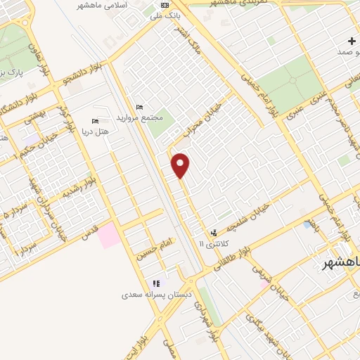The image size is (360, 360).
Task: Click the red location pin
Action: tap(181, 165)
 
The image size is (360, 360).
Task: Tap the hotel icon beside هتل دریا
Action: tap(95, 121)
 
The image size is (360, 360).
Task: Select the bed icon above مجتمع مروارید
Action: tap(139, 107)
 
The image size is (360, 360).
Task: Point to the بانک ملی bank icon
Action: tap(165, 6)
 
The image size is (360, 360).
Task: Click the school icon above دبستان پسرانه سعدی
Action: tap(156, 283)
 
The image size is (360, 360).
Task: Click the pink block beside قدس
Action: tap(108, 235)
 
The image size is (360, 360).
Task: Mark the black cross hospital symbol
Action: tap(351, 41)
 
